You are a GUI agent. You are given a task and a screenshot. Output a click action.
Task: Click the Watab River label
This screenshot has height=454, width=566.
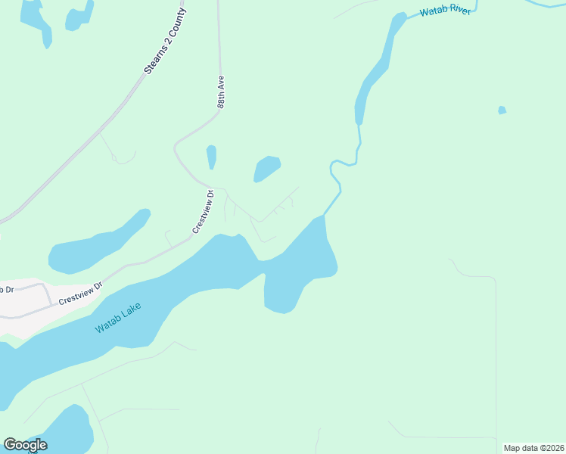445,11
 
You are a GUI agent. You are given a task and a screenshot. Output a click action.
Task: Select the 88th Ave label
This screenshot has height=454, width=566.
222,92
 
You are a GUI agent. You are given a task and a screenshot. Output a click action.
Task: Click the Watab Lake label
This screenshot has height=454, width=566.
118,319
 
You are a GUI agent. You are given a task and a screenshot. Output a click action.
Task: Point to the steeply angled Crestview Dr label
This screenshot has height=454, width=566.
204,211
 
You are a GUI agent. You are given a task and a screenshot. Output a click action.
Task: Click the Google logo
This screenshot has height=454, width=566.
25,444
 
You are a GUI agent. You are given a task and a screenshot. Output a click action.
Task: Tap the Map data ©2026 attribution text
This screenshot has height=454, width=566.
533,447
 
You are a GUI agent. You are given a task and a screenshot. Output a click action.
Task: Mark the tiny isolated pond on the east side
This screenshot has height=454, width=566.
502,110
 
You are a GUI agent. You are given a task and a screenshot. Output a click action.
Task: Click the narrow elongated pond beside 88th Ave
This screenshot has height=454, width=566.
211,157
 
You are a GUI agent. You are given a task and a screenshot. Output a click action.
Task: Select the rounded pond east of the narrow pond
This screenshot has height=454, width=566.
266,168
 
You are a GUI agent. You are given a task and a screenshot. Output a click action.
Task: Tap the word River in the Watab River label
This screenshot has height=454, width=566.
459,10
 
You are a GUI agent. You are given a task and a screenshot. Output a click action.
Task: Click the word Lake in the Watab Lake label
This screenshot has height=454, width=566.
131,311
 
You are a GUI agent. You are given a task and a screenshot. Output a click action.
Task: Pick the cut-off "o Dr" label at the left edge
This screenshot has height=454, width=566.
7,289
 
